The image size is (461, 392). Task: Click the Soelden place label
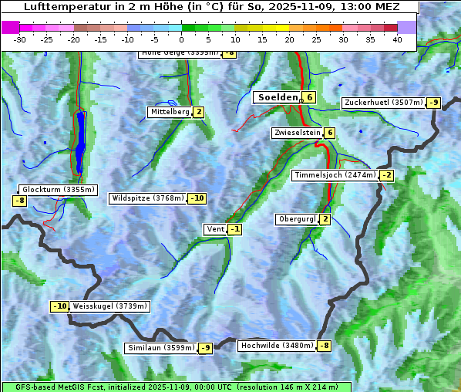point(277,97)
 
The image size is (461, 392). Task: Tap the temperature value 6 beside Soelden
point(309,97)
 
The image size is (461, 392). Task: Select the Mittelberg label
point(170,112)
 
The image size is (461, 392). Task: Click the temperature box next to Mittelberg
point(199,112)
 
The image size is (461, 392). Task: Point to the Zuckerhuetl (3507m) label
point(384,103)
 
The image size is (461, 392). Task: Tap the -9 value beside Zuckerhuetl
point(434,103)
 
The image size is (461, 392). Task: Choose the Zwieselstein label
point(297,133)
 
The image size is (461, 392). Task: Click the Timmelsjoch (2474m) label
point(335,175)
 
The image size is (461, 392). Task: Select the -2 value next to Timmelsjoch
point(387,175)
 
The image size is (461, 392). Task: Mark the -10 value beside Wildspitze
point(197,198)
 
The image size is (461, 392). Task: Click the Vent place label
point(215,229)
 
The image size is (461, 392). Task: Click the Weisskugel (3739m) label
point(109,306)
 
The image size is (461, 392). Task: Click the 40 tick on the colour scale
point(397,39)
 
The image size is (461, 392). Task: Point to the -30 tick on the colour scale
point(20,39)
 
